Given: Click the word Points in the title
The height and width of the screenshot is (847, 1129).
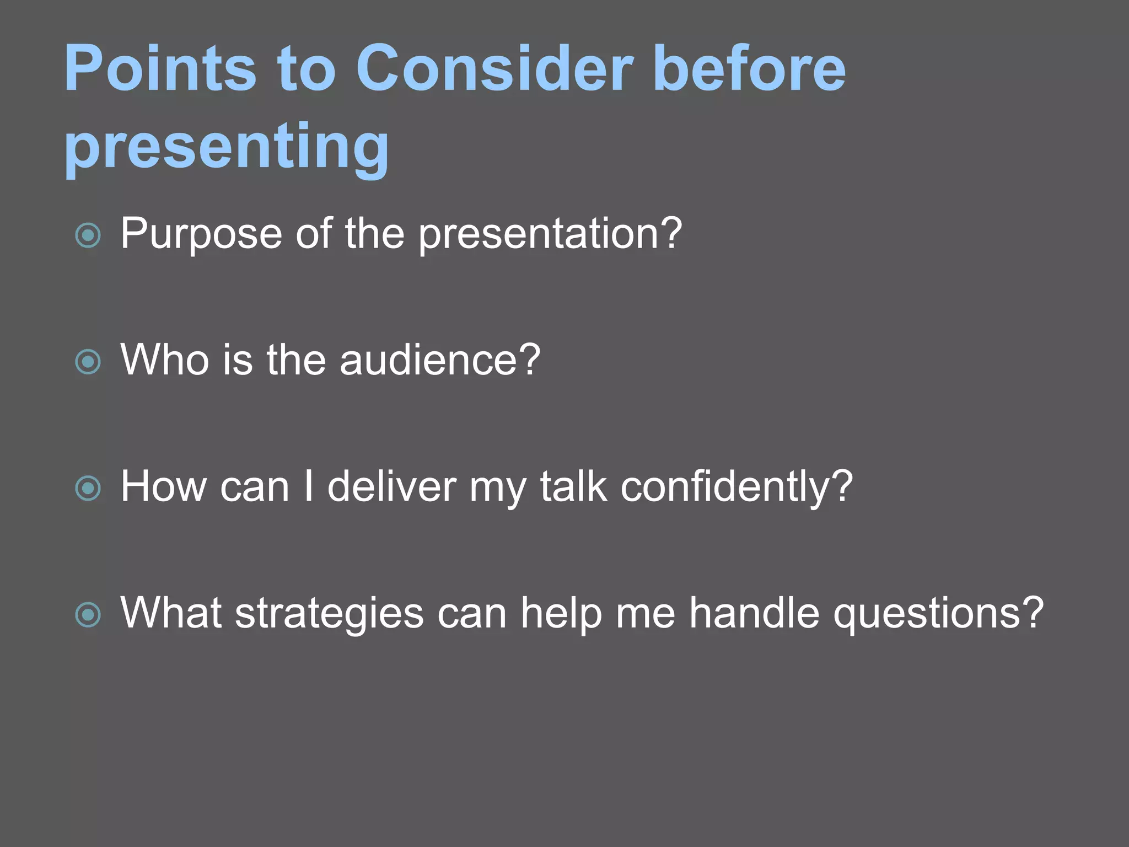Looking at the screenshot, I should pyautogui.click(x=160, y=69).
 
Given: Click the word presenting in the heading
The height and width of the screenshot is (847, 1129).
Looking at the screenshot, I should pyautogui.click(x=227, y=146).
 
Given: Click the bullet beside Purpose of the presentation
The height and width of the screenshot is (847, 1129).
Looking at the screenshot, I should pyautogui.click(x=88, y=235).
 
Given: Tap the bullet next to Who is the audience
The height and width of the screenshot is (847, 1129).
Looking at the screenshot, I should pyautogui.click(x=88, y=362).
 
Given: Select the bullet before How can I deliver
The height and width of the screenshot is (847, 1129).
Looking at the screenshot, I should pyautogui.click(x=88, y=489).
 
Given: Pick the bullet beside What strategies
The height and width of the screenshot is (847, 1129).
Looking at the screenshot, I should pyautogui.click(x=88, y=615).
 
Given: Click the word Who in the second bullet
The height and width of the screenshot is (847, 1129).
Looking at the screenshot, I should pyautogui.click(x=165, y=360).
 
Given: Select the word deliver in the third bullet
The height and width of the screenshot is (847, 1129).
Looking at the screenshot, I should pyautogui.click(x=391, y=487).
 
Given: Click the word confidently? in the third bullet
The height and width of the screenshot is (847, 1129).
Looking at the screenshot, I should pyautogui.click(x=736, y=487).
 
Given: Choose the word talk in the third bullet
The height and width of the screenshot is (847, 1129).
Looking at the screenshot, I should pyautogui.click(x=573, y=487).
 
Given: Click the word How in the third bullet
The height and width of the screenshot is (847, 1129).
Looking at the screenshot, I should pyautogui.click(x=163, y=487).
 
